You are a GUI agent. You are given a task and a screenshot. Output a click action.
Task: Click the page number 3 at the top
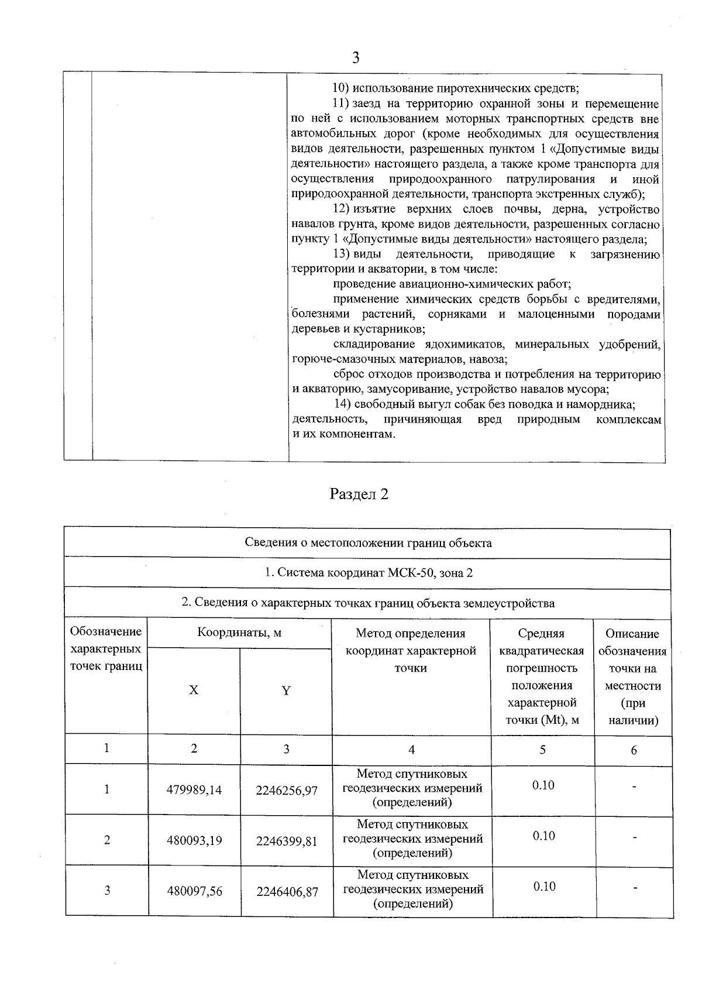(x=355, y=57)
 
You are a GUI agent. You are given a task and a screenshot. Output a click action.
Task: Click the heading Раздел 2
(x=359, y=494)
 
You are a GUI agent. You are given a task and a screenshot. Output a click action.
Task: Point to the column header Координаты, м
(x=239, y=633)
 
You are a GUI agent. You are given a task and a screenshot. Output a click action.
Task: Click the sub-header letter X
(x=194, y=690)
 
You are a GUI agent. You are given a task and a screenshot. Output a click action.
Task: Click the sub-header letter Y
(x=286, y=690)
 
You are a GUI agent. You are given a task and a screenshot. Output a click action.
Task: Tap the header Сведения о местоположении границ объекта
(x=368, y=542)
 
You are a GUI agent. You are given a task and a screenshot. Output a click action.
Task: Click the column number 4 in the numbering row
(x=411, y=750)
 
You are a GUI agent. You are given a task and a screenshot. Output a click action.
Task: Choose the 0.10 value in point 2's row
(x=543, y=836)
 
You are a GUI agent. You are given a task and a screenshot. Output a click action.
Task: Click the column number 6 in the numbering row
(x=634, y=750)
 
